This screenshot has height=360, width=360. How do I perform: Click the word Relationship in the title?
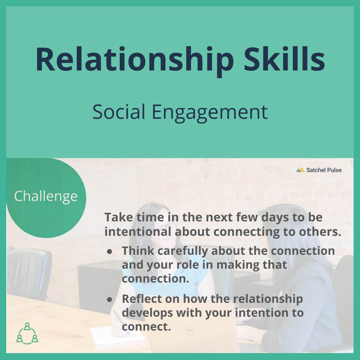135,60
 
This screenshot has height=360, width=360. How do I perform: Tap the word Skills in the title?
284,58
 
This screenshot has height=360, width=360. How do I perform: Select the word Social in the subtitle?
119,112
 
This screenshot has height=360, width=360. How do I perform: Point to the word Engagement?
210,113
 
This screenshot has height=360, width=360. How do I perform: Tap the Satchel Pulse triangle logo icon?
300,170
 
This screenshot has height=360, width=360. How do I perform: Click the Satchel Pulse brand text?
324,170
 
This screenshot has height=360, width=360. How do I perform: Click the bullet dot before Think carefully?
109,251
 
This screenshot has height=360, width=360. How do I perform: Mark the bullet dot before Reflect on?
109,300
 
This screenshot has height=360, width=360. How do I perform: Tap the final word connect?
146,327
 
